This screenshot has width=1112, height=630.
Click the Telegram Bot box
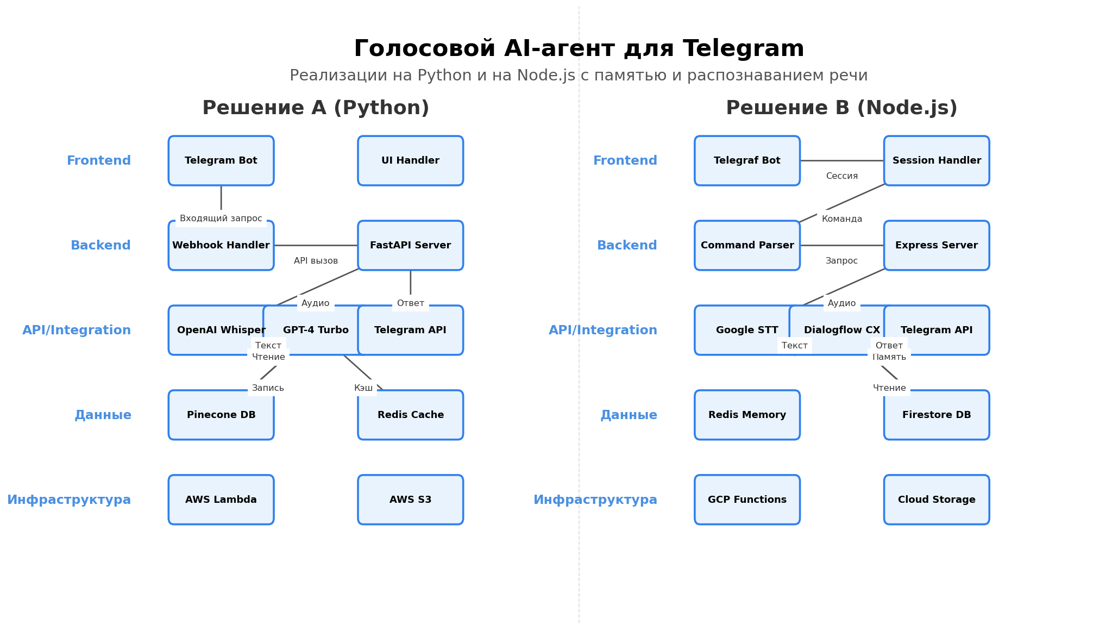pos(221,160)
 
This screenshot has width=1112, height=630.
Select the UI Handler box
pos(410,160)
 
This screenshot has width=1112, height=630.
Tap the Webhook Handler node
pos(221,246)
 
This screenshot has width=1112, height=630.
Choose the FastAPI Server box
pos(410,245)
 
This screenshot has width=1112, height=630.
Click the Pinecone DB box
pos(221,415)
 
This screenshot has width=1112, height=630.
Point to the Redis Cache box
pos(410,415)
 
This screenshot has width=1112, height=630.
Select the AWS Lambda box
pos(221,500)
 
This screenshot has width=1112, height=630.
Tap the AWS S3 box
pos(410,500)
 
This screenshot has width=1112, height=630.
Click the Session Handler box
pos(936,160)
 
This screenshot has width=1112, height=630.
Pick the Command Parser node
pos(747,245)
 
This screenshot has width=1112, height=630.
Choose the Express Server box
pos(936,245)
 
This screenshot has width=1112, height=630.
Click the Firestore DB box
pos(936,415)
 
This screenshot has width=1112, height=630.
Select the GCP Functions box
pos(747,500)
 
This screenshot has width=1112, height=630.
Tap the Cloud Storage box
pos(936,500)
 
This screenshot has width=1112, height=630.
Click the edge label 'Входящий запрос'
pos(221,219)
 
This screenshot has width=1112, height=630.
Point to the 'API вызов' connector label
pos(316,261)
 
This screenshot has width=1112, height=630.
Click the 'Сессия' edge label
pos(841,176)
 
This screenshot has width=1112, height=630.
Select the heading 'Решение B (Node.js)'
pos(841,108)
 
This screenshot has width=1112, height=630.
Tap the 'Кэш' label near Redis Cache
pos(363,388)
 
